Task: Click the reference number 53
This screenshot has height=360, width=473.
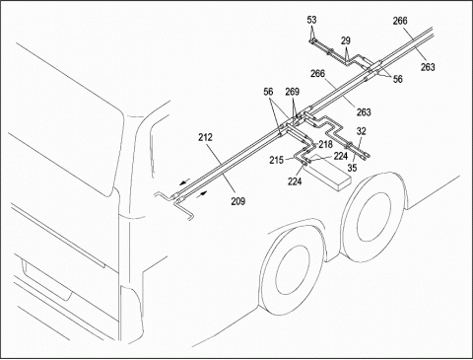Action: pyautogui.click(x=311, y=20)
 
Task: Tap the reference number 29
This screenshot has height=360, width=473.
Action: pyautogui.click(x=346, y=40)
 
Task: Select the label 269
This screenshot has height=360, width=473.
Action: pyautogui.click(x=292, y=92)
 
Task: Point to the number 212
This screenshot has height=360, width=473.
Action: pyautogui.click(x=205, y=137)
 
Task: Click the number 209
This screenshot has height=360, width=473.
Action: pyautogui.click(x=237, y=201)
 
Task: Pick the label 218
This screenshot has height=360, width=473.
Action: pyautogui.click(x=325, y=144)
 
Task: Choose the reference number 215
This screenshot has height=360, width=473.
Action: pyautogui.click(x=277, y=161)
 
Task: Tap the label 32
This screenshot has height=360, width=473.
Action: pyautogui.click(x=361, y=131)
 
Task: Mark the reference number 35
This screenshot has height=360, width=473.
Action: pyautogui.click(x=352, y=168)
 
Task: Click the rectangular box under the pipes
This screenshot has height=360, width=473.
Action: pyautogui.click(x=328, y=172)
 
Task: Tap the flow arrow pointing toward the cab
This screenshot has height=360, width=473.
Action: pyautogui.click(x=185, y=180)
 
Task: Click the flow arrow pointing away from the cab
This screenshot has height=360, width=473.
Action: pyautogui.click(x=202, y=193)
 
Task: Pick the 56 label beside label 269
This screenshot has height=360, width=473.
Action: pyautogui.click(x=268, y=92)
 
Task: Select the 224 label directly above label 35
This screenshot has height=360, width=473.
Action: pyautogui.click(x=341, y=156)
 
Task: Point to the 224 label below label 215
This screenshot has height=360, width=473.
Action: pyautogui.click(x=295, y=180)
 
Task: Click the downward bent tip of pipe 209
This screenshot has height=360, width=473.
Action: pyautogui.click(x=191, y=219)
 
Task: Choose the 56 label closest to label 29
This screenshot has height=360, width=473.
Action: pyautogui.click(x=397, y=79)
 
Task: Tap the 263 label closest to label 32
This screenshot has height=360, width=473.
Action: pyautogui.click(x=364, y=112)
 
